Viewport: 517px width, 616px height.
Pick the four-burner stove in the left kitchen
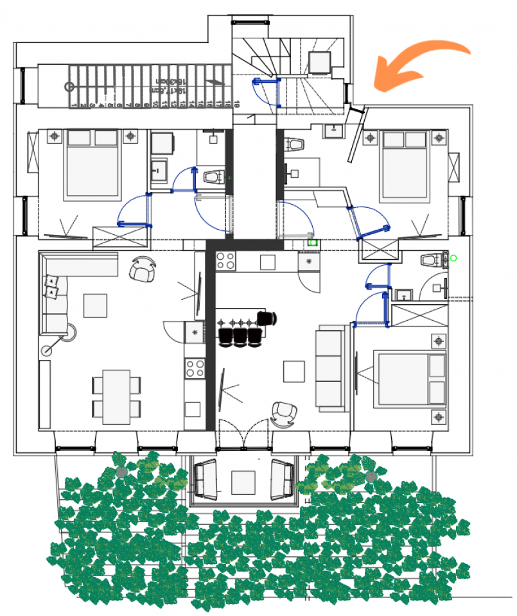click(x=195, y=368)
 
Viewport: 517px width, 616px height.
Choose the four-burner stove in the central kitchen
click(x=225, y=261)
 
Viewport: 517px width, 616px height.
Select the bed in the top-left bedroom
click(x=93, y=164)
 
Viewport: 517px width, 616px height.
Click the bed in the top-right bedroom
click(x=405, y=164)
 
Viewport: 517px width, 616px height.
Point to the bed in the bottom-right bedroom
click(x=411, y=379)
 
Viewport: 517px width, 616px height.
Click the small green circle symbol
click(x=453, y=258)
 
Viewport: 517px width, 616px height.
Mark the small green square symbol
click(x=313, y=243)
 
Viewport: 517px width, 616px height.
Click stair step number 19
click(x=237, y=103)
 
